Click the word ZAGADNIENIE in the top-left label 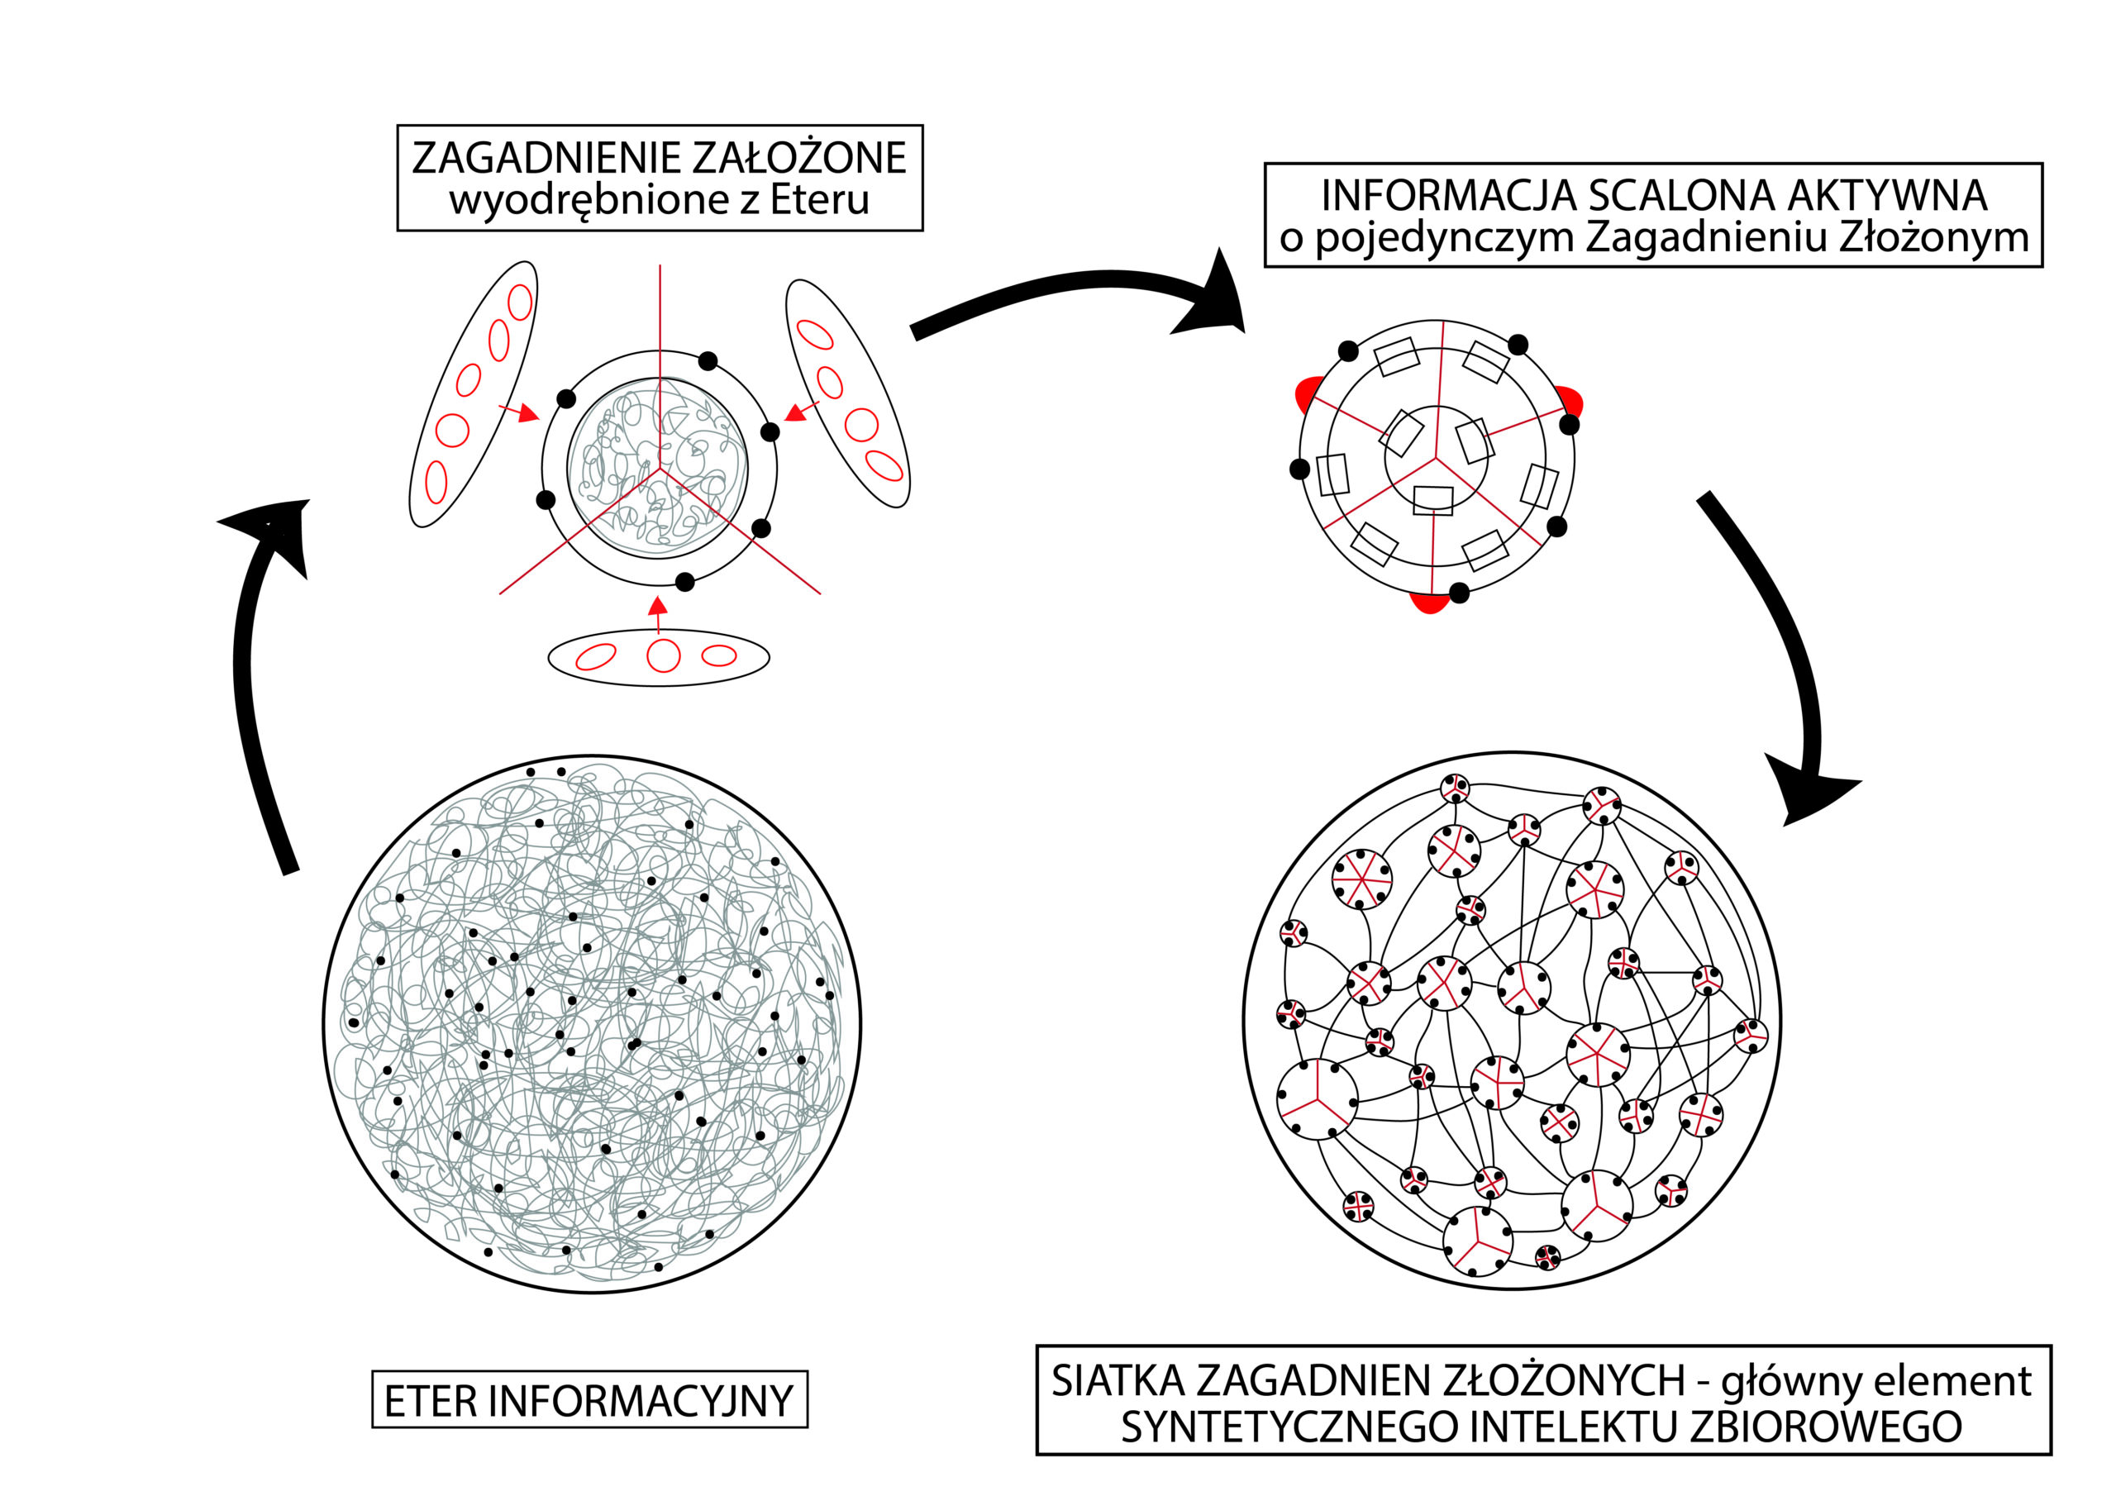tap(545, 158)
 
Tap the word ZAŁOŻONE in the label tap(798, 158)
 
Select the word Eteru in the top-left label tap(819, 200)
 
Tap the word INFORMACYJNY tap(640, 1401)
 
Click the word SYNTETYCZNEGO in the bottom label tap(1288, 1426)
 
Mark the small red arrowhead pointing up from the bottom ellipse tap(657, 607)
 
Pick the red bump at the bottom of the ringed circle tap(1428, 603)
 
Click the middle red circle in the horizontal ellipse tap(663, 656)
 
